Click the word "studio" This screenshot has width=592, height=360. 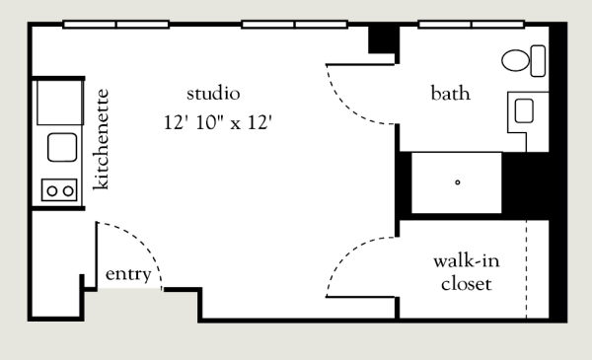click(x=213, y=94)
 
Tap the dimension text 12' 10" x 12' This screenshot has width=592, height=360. click(x=218, y=122)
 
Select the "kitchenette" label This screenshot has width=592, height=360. click(x=101, y=139)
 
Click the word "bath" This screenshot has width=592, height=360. click(x=451, y=94)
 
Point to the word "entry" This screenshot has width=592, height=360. click(x=128, y=274)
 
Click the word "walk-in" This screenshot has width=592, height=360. click(x=467, y=260)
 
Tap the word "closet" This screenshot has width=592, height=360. click(x=467, y=284)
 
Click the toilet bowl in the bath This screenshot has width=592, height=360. click(x=515, y=60)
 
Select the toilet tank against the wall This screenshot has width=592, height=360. click(x=538, y=61)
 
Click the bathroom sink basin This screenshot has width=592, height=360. click(x=524, y=110)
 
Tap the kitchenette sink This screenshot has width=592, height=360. click(x=62, y=147)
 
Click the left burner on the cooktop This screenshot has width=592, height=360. click(x=51, y=191)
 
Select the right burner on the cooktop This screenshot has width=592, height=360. click(x=68, y=191)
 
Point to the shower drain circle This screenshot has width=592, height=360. click(x=458, y=182)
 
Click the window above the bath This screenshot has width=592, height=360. click(x=472, y=25)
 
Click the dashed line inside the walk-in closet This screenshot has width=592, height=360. click(x=526, y=269)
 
